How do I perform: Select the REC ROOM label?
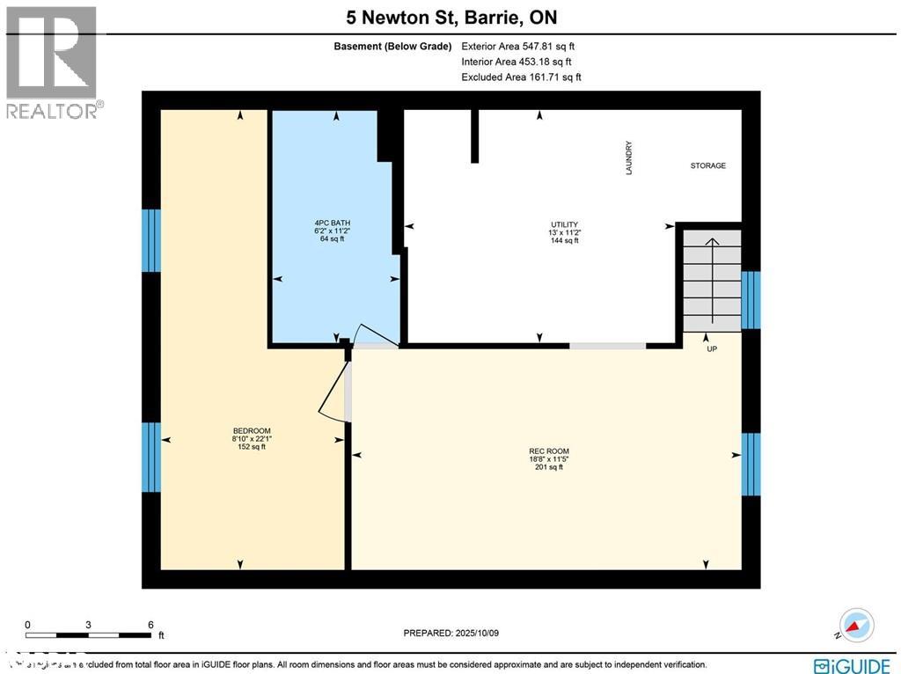tap(549, 451)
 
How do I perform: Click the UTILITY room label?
tap(564, 224)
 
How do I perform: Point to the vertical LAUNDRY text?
tap(629, 158)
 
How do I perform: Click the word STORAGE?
tap(707, 165)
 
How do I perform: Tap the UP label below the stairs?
tap(712, 348)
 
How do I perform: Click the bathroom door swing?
tap(374, 333)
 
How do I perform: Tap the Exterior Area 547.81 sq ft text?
tap(518, 46)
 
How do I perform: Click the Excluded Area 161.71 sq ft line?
tap(521, 77)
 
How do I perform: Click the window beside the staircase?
tap(751, 300)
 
